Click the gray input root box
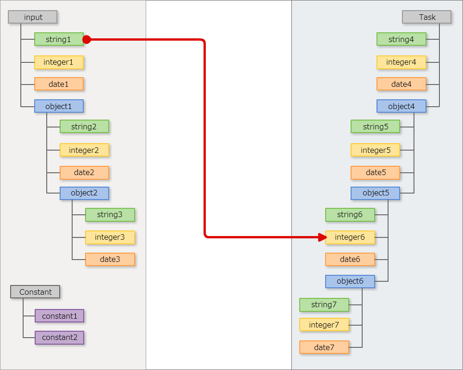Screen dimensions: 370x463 pos(33,17)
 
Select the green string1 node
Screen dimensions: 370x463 pos(59,39)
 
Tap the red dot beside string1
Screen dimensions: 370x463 pos(86,40)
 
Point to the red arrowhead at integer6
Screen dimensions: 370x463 pos(323,237)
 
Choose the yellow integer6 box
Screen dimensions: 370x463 pos(350,237)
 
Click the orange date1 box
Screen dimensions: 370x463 pos(59,84)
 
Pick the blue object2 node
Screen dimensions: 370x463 pos(84,193)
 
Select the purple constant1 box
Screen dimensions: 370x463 pos(59,316)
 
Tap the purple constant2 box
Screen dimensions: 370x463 pos(59,338)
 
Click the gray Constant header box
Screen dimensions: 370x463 pos(35,292)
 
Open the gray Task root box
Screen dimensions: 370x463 pos(426,17)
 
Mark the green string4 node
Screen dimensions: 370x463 pos(401,39)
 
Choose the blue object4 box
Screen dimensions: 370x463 pos(401,106)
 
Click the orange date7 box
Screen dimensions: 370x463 pos(324,347)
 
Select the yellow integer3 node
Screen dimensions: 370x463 pos(110,237)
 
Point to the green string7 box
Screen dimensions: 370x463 pos(324,305)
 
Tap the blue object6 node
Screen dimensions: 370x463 pos(350,281)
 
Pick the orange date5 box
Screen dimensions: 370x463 pos(375,173)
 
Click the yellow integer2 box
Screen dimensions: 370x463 pos(84,150)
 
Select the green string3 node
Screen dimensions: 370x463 pos(110,215)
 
